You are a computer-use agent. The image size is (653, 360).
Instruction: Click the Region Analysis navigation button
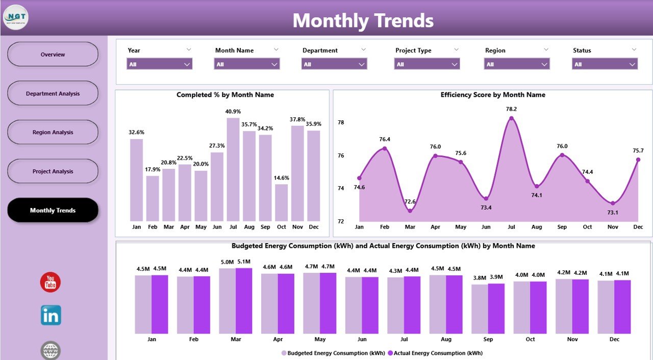pos(53,132)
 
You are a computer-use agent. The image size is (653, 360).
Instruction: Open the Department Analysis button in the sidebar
pos(53,93)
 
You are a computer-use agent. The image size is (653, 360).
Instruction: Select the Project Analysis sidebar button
pos(53,171)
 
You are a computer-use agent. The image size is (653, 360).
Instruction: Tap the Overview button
pos(53,55)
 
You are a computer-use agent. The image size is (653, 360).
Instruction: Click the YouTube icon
pos(51,282)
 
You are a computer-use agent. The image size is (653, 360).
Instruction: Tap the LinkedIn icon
pos(51,316)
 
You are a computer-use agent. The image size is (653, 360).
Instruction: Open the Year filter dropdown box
pos(159,64)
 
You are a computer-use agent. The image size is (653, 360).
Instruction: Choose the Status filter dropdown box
pos(605,64)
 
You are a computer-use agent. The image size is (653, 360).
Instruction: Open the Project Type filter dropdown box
pos(426,64)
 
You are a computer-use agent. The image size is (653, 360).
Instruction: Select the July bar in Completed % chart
pos(233,169)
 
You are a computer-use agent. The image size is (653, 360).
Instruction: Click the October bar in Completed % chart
pos(281,202)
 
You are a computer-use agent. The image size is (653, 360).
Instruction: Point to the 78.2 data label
pos(511,109)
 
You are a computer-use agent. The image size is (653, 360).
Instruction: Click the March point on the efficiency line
pos(410,211)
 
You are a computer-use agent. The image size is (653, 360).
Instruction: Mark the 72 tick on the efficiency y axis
pos(341,221)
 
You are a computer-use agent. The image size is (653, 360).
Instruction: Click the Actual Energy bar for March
pos(244,301)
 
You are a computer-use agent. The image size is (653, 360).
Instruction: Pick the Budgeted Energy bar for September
pos(480,309)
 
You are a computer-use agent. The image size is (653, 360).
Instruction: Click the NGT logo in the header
pos(16,17)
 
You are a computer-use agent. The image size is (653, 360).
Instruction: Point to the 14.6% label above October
pos(281,178)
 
